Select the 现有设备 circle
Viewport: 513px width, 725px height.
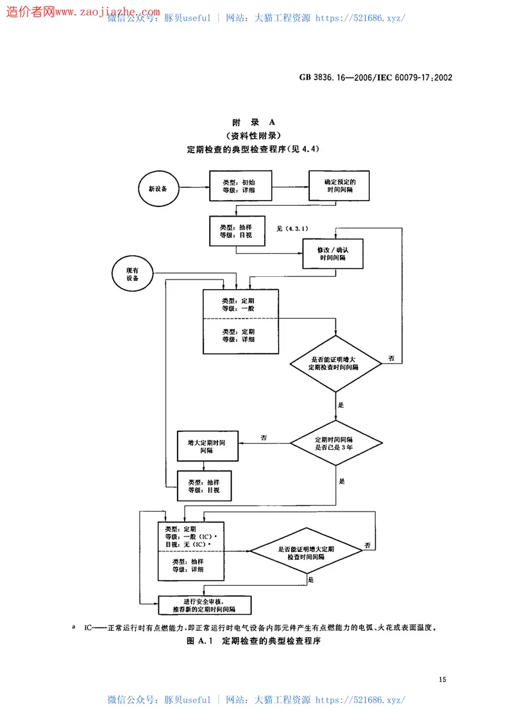[x=132, y=274]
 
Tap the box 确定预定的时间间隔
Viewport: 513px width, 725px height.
[x=339, y=186]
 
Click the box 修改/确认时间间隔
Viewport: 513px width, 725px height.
[x=333, y=253]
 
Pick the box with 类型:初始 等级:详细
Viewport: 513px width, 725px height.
[x=240, y=186]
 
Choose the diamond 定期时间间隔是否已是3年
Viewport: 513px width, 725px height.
[x=336, y=442]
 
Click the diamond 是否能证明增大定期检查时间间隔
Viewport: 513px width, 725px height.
[x=336, y=364]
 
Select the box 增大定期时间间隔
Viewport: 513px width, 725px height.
[x=207, y=446]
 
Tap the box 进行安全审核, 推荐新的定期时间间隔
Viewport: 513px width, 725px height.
[x=205, y=605]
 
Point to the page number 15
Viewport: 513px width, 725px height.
[x=441, y=679]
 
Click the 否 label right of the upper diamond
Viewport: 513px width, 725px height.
[x=391, y=358]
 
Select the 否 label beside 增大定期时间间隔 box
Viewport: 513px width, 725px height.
[x=264, y=437]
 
